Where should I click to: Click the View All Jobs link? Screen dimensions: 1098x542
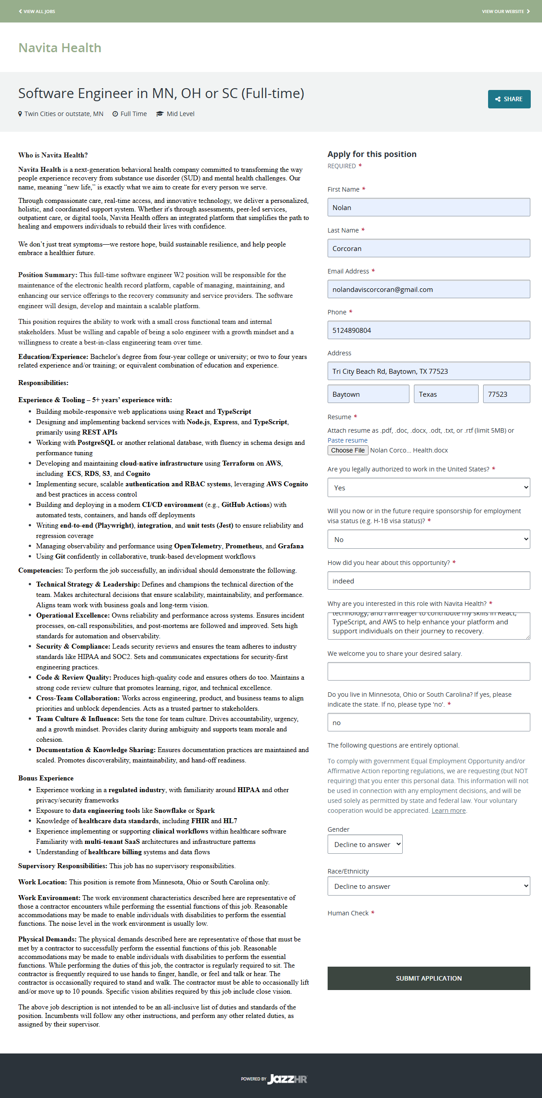pyautogui.click(x=37, y=11)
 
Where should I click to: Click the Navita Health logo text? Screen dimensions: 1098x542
pyautogui.click(x=60, y=48)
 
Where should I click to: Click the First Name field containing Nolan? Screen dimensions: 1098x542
pyautogui.click(x=428, y=207)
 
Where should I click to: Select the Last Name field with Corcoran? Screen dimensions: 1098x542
pyautogui.click(x=428, y=248)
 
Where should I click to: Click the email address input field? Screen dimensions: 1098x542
pyautogui.click(x=428, y=289)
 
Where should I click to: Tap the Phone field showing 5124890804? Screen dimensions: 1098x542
pyautogui.click(x=428, y=330)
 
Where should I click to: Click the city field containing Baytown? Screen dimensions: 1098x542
pyautogui.click(x=368, y=394)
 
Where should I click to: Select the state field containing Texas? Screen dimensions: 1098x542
pyautogui.click(x=445, y=394)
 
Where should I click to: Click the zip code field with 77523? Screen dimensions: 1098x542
pyautogui.click(x=506, y=394)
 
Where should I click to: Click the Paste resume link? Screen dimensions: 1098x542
pyautogui.click(x=347, y=440)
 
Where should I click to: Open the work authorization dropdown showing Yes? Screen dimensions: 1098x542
pyautogui.click(x=428, y=488)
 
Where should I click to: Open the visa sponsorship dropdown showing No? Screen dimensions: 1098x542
pyautogui.click(x=428, y=539)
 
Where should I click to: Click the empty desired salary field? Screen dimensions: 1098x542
pyautogui.click(x=428, y=671)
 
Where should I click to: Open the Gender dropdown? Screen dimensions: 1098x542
pyautogui.click(x=365, y=844)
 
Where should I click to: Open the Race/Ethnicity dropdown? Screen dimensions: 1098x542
pyautogui.click(x=428, y=886)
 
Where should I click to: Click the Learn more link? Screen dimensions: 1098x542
pyautogui.click(x=449, y=811)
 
